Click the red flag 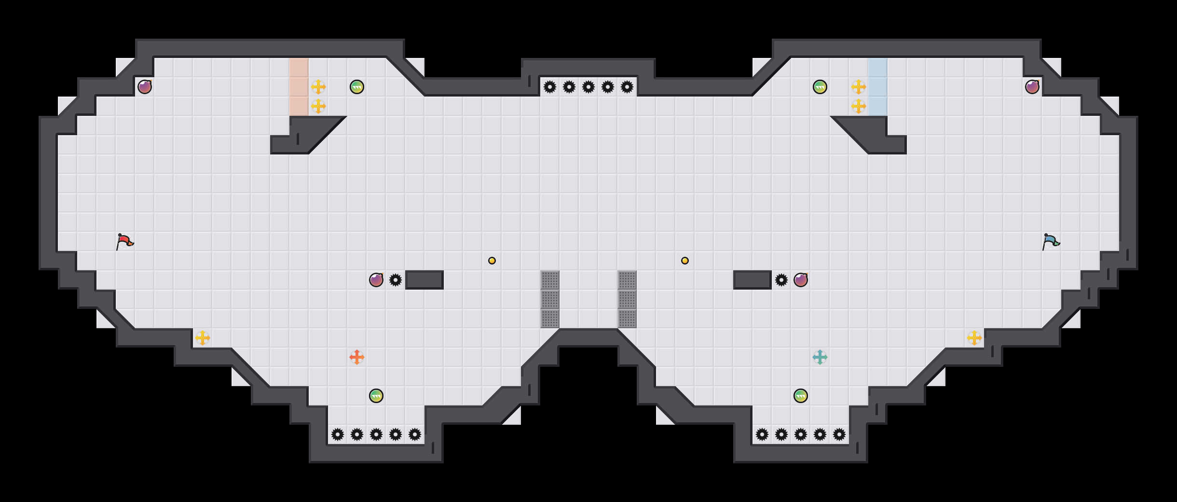124,241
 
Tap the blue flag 1050,241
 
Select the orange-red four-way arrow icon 356,357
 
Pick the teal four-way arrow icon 820,357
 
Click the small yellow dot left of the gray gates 492,261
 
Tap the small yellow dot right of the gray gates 684,261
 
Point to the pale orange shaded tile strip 299,87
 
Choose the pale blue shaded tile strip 877,87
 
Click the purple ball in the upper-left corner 144,87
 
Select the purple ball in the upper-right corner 1032,87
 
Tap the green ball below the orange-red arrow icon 376,396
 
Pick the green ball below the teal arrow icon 800,396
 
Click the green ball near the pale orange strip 356,87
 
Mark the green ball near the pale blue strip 820,87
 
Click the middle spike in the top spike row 588,87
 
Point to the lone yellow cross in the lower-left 202,338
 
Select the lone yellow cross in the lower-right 974,338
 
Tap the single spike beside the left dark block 395,280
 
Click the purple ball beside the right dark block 800,280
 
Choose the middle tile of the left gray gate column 549,299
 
